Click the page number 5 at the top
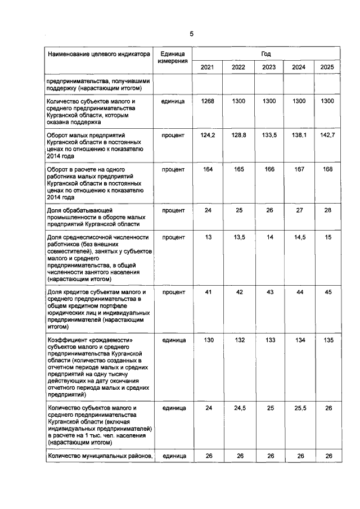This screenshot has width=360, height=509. [x=191, y=34]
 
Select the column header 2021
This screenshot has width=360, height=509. [x=207, y=67]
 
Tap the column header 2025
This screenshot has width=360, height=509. [x=327, y=67]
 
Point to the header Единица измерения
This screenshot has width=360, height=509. [x=173, y=57]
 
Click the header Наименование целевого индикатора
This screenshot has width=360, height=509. [x=100, y=55]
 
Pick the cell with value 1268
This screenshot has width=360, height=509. [x=207, y=101]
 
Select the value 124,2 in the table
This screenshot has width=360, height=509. [x=207, y=136]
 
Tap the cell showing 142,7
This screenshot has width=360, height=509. [x=327, y=136]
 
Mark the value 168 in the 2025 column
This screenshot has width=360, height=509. [x=327, y=169]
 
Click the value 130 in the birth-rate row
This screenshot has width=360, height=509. [x=207, y=340]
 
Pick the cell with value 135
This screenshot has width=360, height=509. [x=327, y=340]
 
